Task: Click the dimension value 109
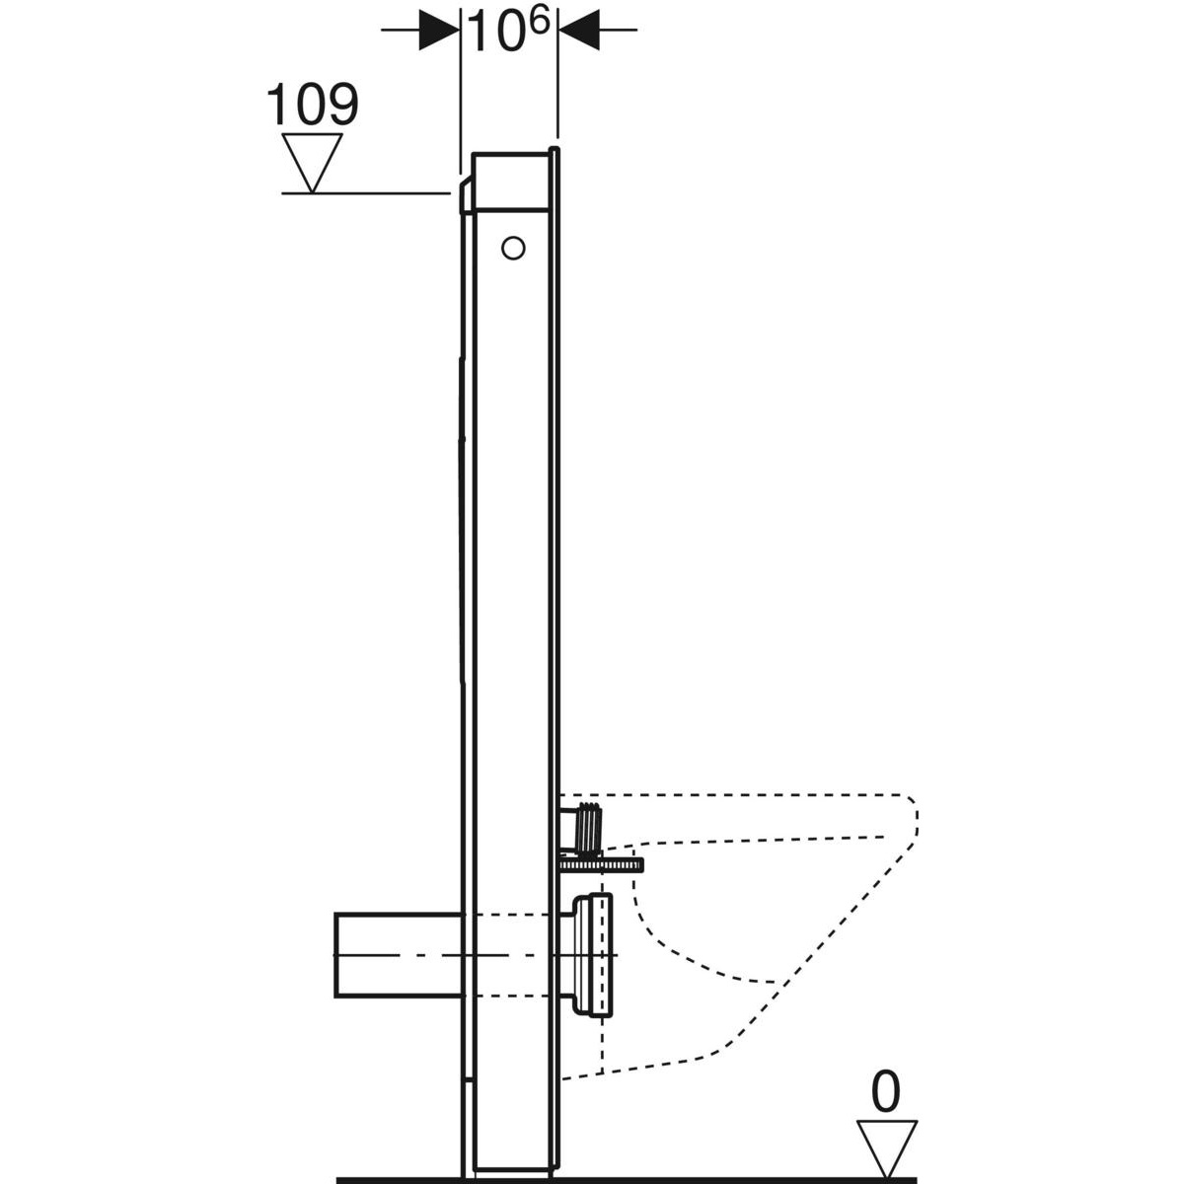[312, 105]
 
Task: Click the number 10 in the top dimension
[495, 33]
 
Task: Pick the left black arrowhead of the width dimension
[439, 31]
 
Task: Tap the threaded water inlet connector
[586, 827]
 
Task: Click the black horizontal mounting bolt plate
[601, 865]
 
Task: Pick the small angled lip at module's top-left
[465, 195]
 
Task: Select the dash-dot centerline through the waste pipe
[474, 956]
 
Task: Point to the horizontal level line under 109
[365, 193]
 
